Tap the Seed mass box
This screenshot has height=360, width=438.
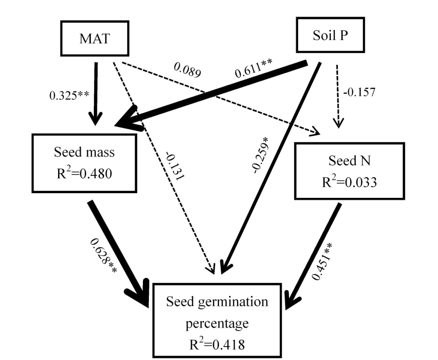coord(84,162)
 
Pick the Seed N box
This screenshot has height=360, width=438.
coord(349,171)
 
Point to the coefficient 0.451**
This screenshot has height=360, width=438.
coord(325,261)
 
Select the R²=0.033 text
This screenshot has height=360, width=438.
coord(349,182)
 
